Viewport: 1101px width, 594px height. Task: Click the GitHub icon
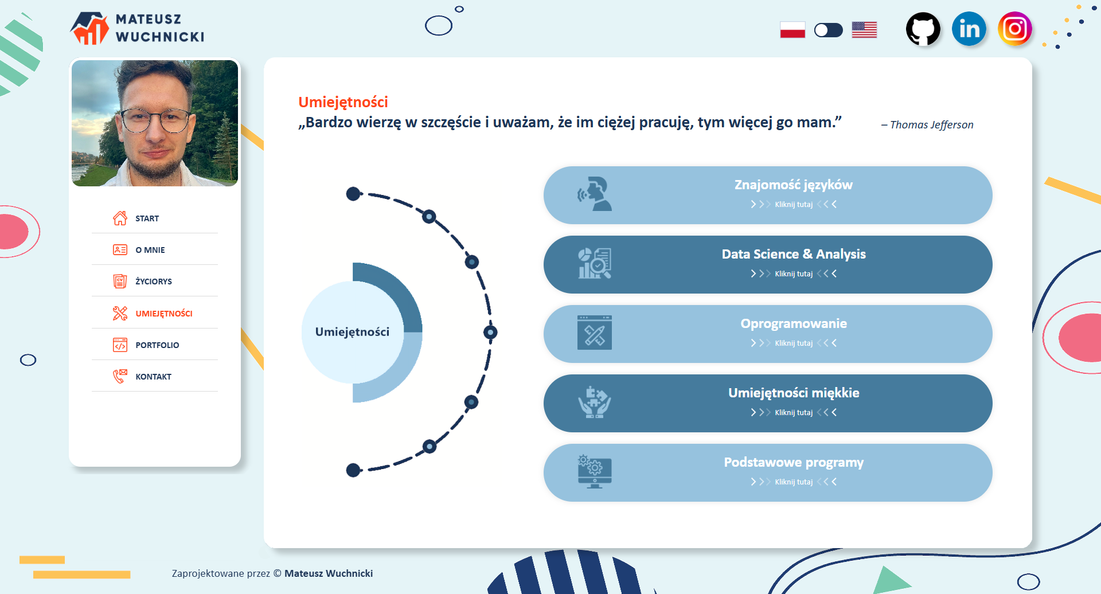[923, 29]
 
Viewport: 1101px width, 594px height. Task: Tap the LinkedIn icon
[969, 29]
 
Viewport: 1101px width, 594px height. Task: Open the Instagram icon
[1015, 29]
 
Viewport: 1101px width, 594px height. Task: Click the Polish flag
[792, 30]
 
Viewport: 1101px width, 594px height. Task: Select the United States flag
[864, 30]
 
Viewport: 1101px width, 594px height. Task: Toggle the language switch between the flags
[829, 30]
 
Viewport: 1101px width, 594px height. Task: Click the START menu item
[147, 218]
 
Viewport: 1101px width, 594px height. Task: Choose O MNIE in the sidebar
[150, 250]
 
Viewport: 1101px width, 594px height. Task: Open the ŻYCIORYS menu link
[154, 282]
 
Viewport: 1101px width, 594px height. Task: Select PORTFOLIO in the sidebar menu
[157, 345]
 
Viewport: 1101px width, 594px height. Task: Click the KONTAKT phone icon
[120, 376]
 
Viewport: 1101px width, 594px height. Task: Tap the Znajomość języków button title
[794, 185]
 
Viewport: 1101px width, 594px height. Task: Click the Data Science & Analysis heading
[794, 254]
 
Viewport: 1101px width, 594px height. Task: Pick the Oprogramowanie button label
[794, 324]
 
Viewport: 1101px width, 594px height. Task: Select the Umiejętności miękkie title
[794, 393]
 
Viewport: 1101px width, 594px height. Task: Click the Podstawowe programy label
[794, 463]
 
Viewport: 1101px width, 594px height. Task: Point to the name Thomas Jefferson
[931, 125]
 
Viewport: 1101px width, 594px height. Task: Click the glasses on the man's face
[155, 120]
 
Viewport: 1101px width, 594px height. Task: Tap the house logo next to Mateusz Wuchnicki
[89, 29]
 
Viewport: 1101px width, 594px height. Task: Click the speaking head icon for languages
[594, 194]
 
